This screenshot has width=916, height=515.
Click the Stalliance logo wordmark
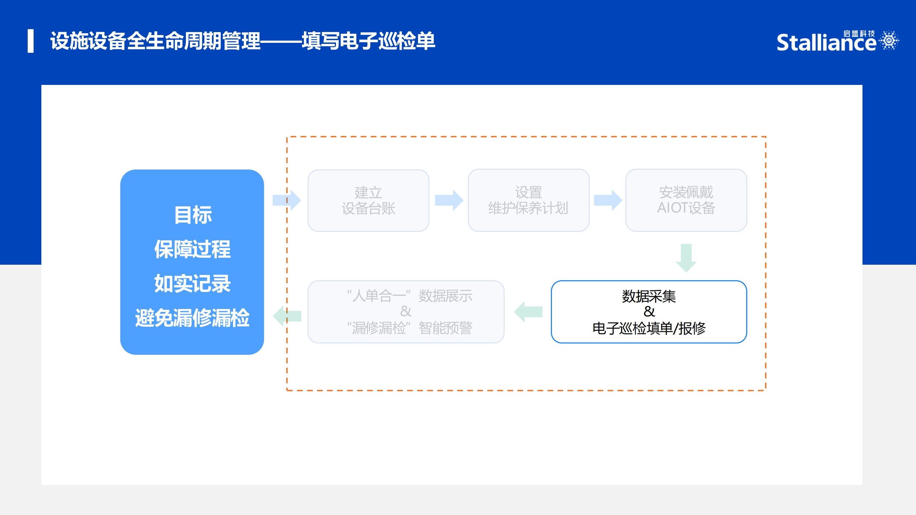click(826, 42)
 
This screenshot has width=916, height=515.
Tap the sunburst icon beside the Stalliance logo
click(889, 40)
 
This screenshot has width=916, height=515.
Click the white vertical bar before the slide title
click(31, 41)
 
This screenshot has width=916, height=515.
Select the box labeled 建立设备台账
click(368, 200)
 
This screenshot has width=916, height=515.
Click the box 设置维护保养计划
click(528, 200)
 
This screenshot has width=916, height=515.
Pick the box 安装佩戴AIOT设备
click(686, 200)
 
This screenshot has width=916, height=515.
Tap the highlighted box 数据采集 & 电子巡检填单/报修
click(649, 312)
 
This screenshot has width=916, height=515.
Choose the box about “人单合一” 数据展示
click(406, 312)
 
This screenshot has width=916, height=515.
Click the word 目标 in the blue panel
click(193, 215)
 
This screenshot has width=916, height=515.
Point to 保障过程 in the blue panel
click(192, 249)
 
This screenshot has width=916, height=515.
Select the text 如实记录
click(192, 284)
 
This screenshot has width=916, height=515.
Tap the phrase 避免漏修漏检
click(192, 318)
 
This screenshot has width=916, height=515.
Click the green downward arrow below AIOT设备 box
click(686, 258)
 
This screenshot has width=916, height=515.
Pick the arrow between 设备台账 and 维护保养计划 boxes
click(449, 200)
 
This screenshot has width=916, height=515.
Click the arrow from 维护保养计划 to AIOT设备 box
click(608, 200)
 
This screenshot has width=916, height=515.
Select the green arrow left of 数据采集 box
click(528, 312)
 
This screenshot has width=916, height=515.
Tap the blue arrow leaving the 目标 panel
click(287, 200)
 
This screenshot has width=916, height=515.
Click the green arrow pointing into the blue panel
click(287, 316)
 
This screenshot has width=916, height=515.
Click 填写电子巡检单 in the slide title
click(368, 41)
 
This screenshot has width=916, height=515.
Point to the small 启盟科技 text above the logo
click(859, 34)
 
